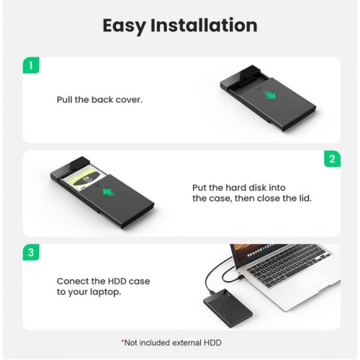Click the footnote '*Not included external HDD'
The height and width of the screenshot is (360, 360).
(x=179, y=343)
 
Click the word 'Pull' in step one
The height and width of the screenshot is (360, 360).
(x=67, y=99)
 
